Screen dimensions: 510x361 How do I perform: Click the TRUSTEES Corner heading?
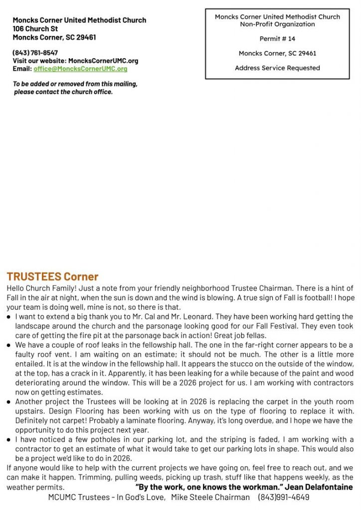(52, 276)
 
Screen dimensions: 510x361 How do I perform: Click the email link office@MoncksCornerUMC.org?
(80, 69)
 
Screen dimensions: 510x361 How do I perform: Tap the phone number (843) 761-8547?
(35, 53)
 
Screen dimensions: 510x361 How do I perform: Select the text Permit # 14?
(277, 39)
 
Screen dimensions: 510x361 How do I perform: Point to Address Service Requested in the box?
(277, 68)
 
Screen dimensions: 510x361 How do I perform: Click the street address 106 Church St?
(35, 29)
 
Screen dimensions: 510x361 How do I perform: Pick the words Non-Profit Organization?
(277, 24)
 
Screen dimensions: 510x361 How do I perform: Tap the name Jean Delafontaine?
(319, 487)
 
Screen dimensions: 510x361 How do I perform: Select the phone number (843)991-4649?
(283, 497)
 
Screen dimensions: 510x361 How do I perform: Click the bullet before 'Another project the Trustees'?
(9, 402)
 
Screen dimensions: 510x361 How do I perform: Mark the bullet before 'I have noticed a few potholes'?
(9, 440)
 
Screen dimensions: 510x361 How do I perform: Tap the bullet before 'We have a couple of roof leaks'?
(9, 345)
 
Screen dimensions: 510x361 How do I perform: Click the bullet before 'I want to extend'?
(9, 317)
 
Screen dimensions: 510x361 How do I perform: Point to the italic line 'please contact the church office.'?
(63, 92)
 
